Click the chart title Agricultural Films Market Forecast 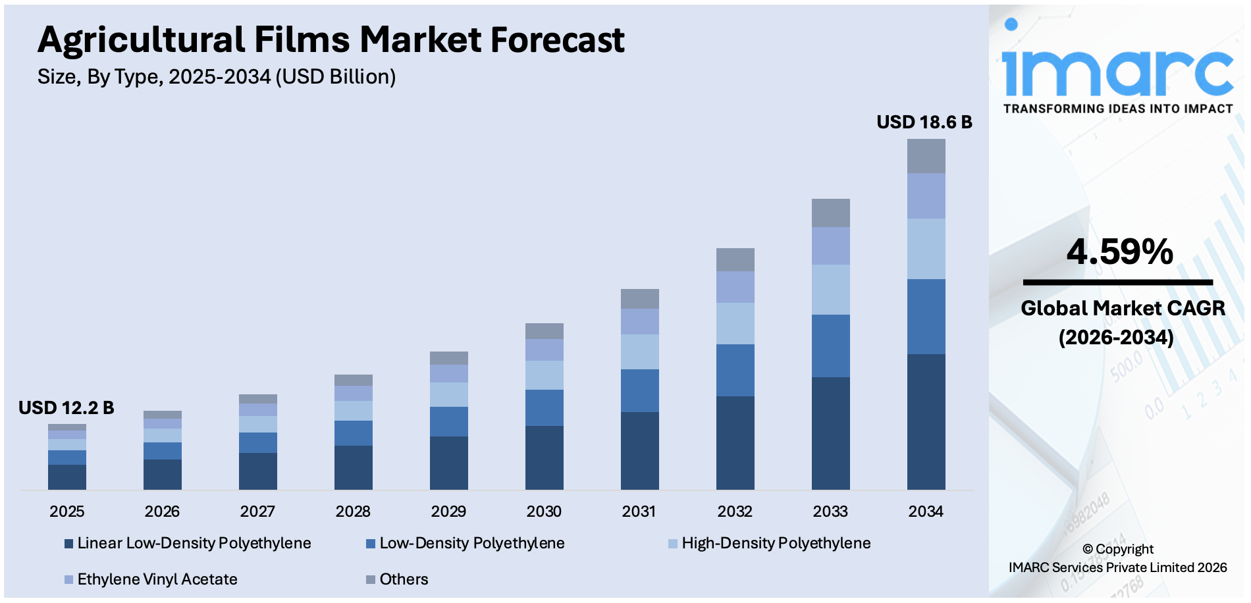pyautogui.click(x=331, y=39)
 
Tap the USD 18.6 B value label pyautogui.click(x=924, y=122)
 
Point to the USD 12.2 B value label pyautogui.click(x=66, y=408)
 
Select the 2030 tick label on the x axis pyautogui.click(x=544, y=511)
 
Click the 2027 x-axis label pyautogui.click(x=257, y=511)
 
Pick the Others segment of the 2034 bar pyautogui.click(x=926, y=156)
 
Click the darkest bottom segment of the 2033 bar pyautogui.click(x=830, y=433)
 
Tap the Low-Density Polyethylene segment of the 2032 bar pyautogui.click(x=735, y=370)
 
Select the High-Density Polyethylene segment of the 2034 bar pyautogui.click(x=926, y=249)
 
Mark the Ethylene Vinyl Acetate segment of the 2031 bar pyautogui.click(x=639, y=321)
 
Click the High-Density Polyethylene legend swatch pyautogui.click(x=673, y=544)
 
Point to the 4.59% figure pyautogui.click(x=1119, y=252)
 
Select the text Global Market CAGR pyautogui.click(x=1123, y=308)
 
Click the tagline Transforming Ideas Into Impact pyautogui.click(x=1117, y=109)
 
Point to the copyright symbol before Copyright pyautogui.click(x=1087, y=550)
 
